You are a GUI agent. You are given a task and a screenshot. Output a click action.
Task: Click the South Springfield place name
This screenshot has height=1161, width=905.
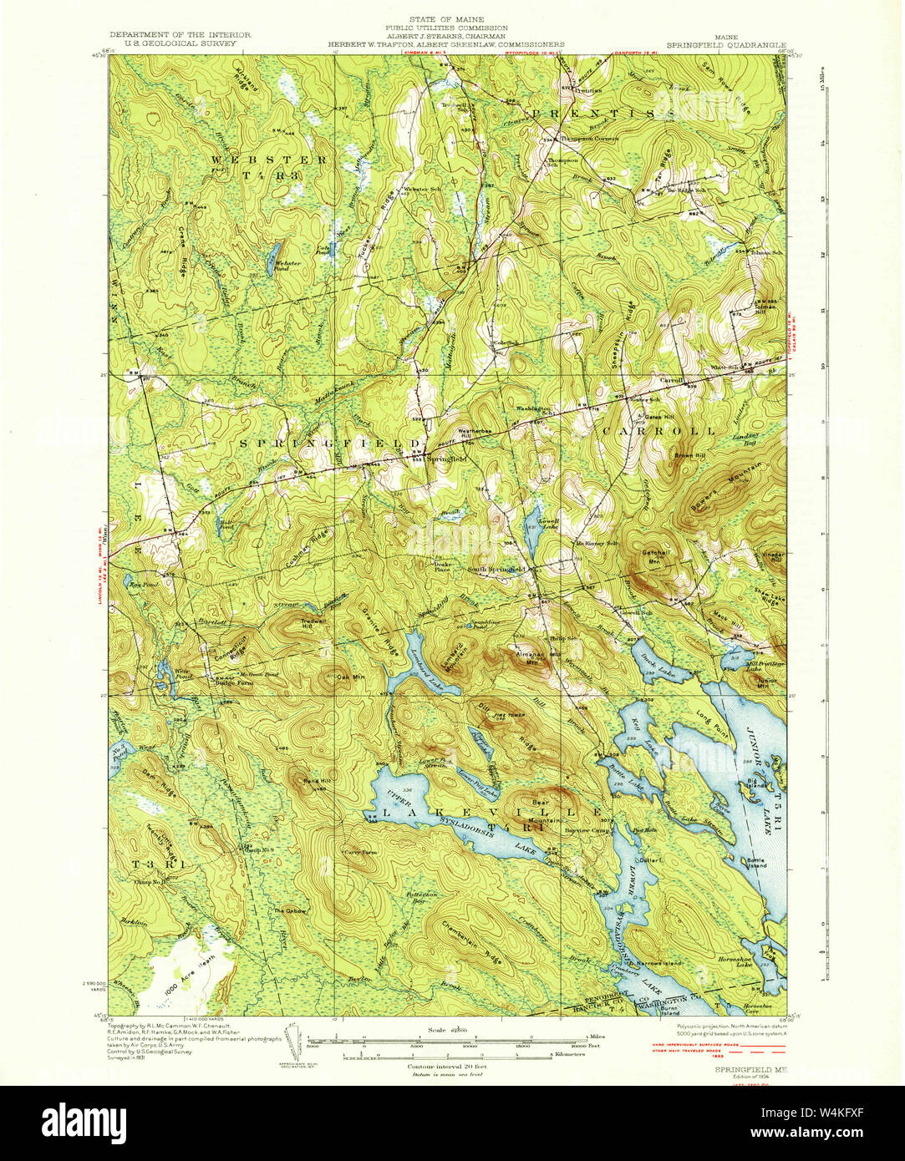coord(495,570)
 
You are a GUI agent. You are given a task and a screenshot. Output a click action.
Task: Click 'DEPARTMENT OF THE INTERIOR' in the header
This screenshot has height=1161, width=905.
coord(180,35)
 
